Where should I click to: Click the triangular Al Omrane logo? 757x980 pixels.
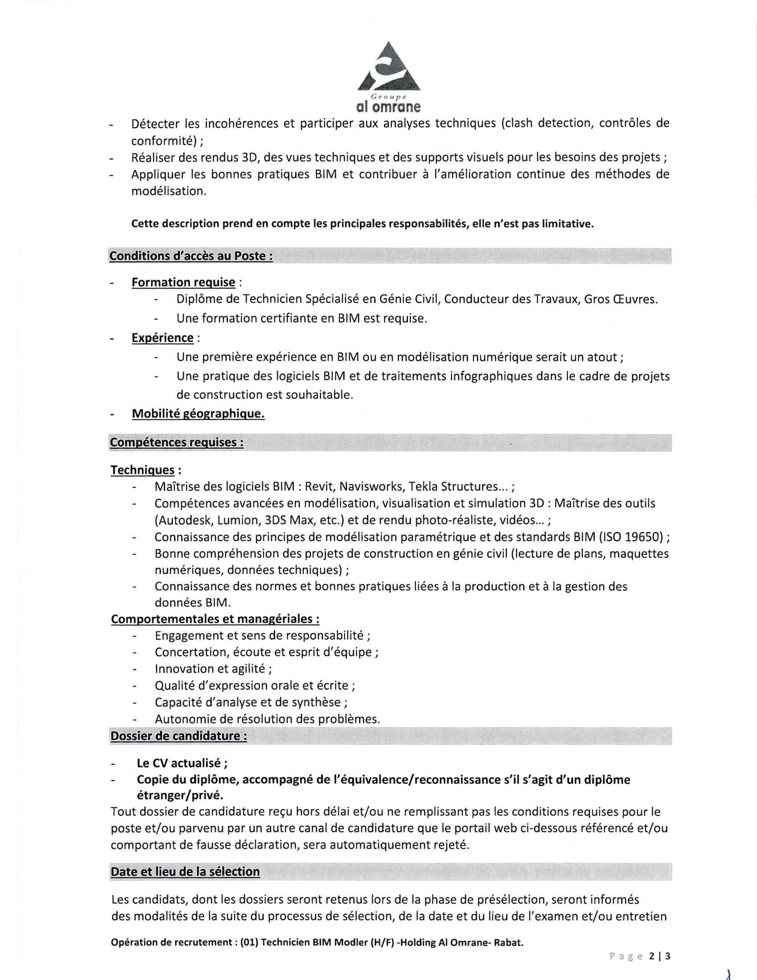pos(388,69)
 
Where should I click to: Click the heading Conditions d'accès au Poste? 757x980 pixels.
pos(191,256)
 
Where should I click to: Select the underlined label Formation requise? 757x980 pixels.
pos(183,283)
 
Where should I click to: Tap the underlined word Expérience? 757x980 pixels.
pos(163,338)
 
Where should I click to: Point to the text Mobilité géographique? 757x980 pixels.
pos(198,414)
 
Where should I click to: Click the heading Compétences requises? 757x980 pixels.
pos(177,442)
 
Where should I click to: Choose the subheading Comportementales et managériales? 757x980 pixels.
pos(215,619)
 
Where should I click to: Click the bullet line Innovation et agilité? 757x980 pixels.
pos(213,669)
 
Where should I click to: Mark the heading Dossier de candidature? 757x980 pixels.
pos(179,736)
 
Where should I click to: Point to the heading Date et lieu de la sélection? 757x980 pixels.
pos(185,872)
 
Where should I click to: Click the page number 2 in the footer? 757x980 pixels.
pos(651,956)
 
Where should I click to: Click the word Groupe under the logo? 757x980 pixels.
pos(388,97)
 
